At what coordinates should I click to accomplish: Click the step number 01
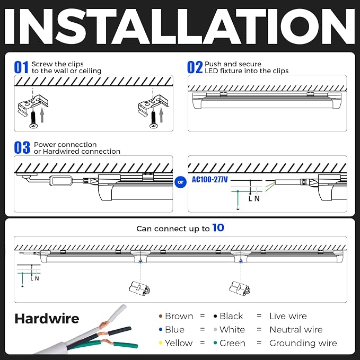pyautogui.click(x=21, y=67)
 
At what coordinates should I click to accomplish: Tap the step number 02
pyautogui.click(x=195, y=67)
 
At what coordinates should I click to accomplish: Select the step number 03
pyautogui.click(x=22, y=147)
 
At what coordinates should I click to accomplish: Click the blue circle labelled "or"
pyautogui.click(x=180, y=182)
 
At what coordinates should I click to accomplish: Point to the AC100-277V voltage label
pyautogui.click(x=209, y=179)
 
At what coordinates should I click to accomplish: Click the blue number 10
pyautogui.click(x=218, y=228)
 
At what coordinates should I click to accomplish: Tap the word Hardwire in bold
pyautogui.click(x=47, y=319)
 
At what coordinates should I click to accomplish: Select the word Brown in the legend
pyautogui.click(x=179, y=316)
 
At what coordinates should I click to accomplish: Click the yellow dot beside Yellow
pyautogui.click(x=161, y=343)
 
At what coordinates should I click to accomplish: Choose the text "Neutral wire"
pyautogui.click(x=296, y=329)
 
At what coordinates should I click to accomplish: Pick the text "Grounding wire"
pyautogui.click(x=303, y=343)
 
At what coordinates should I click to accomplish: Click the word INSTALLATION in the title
pyautogui.click(x=180, y=27)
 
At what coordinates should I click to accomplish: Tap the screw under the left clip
pyautogui.click(x=33, y=119)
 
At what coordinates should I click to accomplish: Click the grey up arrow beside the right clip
pyautogui.click(x=161, y=115)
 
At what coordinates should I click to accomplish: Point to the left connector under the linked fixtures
pyautogui.click(x=139, y=288)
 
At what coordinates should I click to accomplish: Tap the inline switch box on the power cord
pyautogui.click(x=60, y=181)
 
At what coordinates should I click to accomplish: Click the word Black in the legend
pyautogui.click(x=231, y=316)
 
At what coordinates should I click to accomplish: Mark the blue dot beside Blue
pyautogui.click(x=161, y=329)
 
